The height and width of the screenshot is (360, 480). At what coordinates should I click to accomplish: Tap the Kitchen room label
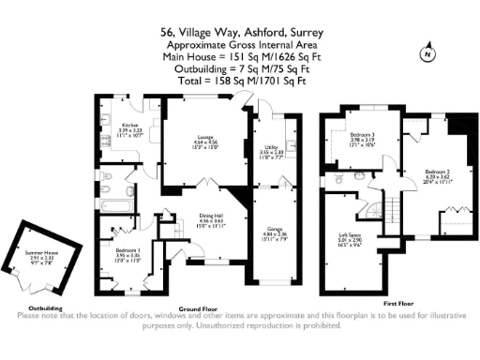pos(130,127)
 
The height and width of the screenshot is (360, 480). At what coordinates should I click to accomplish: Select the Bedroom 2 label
pos(438,175)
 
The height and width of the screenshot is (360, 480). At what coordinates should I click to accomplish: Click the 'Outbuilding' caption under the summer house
pos(46,307)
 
